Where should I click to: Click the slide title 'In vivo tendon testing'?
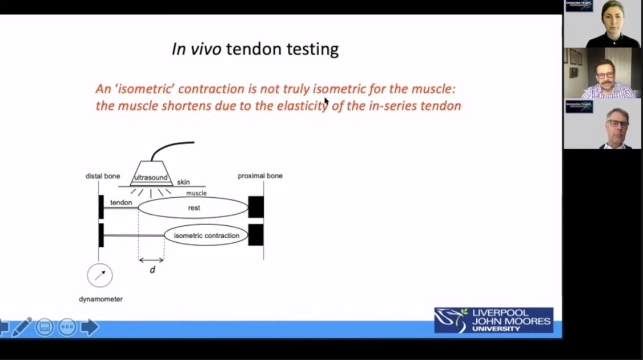255,49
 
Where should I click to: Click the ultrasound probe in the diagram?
151,173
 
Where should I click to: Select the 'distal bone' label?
103,176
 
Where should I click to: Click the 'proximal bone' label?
260,176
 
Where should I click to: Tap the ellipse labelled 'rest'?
193,208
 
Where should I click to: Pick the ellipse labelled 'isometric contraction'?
206,235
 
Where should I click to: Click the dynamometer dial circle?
100,275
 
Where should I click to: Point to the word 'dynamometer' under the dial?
101,299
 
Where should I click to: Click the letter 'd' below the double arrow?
152,270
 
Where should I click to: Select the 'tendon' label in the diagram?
121,203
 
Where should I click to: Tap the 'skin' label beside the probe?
183,182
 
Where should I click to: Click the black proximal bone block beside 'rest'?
256,207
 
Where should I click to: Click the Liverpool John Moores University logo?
493,320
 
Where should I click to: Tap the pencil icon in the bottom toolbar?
22,327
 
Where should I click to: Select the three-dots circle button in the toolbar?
67,327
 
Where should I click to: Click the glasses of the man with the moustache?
605,75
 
